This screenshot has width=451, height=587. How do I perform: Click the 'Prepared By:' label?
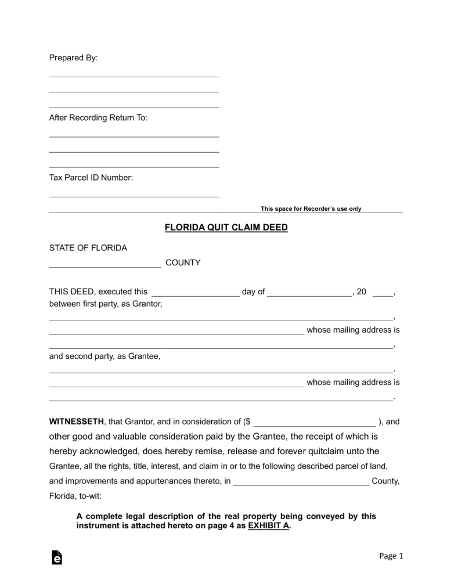tap(73, 58)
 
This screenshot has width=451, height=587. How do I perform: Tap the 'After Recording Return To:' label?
tap(98, 118)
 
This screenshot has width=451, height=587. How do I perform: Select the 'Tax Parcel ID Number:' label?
tap(91, 178)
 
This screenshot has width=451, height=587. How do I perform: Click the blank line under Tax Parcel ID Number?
tap(134, 196)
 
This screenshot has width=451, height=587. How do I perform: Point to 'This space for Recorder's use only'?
tap(311, 208)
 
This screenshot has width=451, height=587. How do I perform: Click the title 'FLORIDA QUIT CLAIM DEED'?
tap(226, 228)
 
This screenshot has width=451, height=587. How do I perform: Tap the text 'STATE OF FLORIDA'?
tap(88, 248)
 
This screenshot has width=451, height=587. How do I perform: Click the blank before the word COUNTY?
tap(105, 265)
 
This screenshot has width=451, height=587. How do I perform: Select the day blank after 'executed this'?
tap(194, 294)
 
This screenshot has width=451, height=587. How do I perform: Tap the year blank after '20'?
tap(383, 294)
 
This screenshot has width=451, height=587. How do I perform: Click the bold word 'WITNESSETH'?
tap(76, 422)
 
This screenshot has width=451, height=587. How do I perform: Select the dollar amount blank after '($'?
tap(315, 424)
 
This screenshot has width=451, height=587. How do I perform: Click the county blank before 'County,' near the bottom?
tap(301, 484)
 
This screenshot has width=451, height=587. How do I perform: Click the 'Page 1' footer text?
tap(391, 556)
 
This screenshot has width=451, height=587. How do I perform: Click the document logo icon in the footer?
tap(57, 557)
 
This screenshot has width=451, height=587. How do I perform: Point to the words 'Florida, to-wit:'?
tap(75, 496)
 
